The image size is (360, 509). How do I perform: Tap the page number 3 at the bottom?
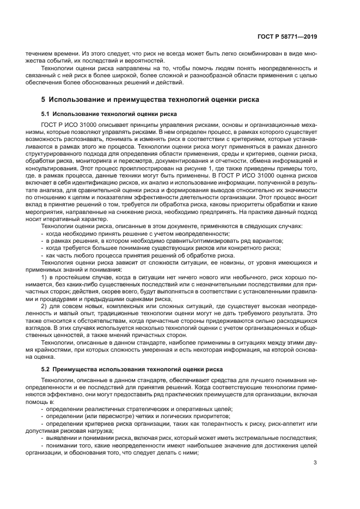315,463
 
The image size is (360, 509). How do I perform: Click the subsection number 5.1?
46,114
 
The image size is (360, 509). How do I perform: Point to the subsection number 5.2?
46,370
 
